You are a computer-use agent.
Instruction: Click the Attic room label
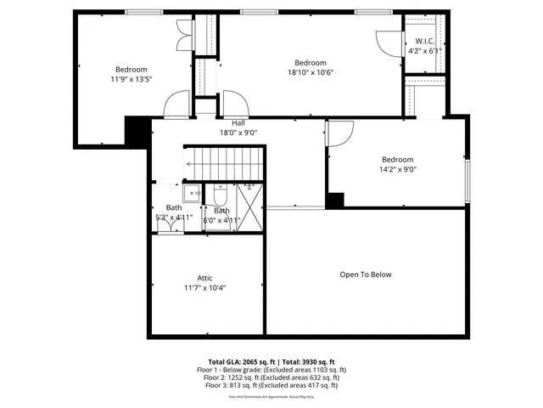[x=204, y=278]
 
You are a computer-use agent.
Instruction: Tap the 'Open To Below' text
[x=366, y=275]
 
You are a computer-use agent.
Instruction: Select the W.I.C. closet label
[x=425, y=42]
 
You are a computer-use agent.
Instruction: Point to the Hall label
[x=238, y=122]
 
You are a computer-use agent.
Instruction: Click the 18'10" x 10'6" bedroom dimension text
[x=311, y=72]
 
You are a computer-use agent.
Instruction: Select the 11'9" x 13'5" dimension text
[x=132, y=79]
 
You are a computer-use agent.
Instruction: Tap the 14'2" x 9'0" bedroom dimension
[x=397, y=169]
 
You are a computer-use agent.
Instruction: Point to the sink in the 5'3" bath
[x=193, y=193]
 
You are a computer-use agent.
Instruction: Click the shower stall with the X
[x=250, y=205]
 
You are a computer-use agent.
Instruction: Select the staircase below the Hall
[x=225, y=161]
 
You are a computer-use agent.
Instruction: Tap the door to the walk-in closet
[x=387, y=42]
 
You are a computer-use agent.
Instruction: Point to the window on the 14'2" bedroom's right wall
[x=467, y=181]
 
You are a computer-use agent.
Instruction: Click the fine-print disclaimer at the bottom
[x=271, y=396]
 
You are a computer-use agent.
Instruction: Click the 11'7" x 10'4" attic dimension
[x=204, y=288]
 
